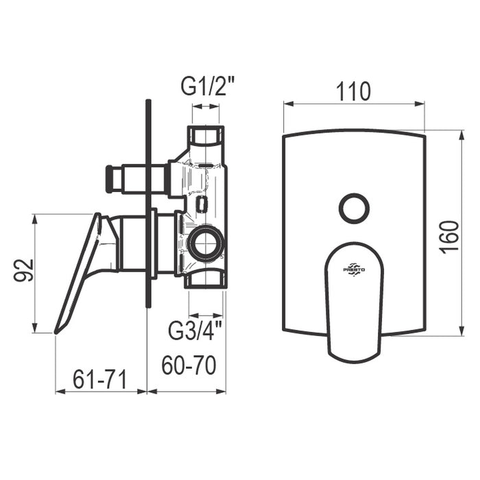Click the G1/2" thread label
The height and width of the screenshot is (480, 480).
tap(207, 86)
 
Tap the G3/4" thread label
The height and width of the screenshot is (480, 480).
tap(195, 330)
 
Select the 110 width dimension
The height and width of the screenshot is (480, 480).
tap(353, 91)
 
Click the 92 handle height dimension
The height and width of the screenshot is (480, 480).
tap(23, 270)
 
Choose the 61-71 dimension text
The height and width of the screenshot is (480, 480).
tap(100, 379)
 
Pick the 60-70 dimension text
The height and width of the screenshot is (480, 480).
tap(189, 365)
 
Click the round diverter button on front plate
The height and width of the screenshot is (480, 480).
tap(355, 208)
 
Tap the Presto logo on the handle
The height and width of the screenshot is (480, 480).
tap(354, 269)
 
